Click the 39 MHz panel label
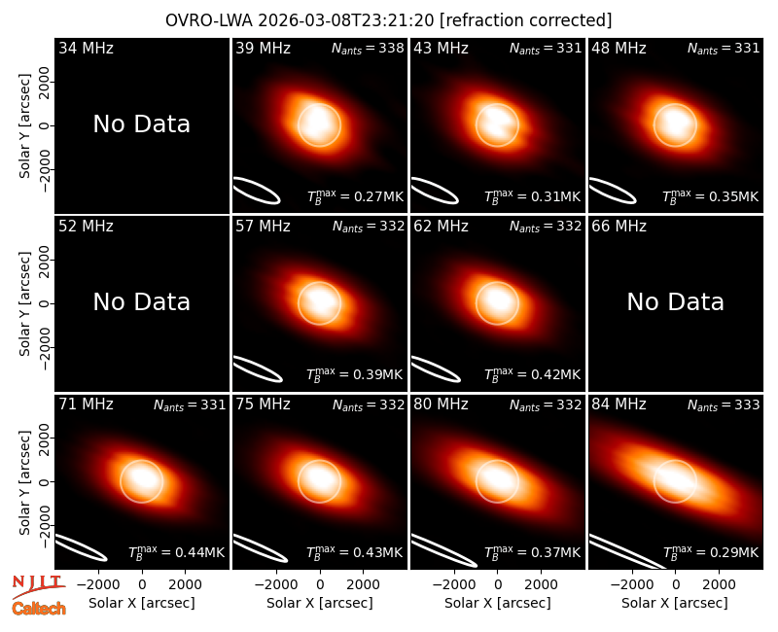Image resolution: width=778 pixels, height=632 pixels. coord(263,48)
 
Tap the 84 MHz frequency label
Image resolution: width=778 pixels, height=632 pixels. coord(619,404)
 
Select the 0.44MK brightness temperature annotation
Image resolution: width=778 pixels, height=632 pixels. coord(177,551)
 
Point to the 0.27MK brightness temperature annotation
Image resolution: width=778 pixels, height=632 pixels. coord(355,196)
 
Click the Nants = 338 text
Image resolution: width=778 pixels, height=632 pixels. coord(368,48)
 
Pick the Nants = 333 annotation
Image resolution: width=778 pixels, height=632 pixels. coord(724,404)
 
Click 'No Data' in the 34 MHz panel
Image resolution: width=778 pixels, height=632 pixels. coord(141,123)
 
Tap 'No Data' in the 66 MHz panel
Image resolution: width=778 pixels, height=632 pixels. coord(675,301)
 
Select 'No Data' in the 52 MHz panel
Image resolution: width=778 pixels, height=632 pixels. coord(141,301)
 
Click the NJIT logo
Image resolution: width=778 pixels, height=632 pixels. coord(38,586)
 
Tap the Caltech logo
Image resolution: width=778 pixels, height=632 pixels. coord(39,609)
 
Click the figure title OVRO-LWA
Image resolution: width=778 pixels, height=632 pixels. coord(209,20)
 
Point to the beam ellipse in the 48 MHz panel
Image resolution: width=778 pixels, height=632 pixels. coord(613,191)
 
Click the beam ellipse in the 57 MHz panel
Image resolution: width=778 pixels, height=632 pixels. coord(257,369)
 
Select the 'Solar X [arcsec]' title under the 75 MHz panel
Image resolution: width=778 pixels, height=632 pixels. coord(320,603)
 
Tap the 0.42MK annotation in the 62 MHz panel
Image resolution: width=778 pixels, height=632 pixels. coord(532,374)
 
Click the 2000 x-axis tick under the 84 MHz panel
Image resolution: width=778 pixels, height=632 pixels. coord(719,585)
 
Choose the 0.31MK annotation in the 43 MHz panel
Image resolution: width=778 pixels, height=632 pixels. coord(532,196)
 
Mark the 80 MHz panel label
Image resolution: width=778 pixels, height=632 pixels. coord(441,404)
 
